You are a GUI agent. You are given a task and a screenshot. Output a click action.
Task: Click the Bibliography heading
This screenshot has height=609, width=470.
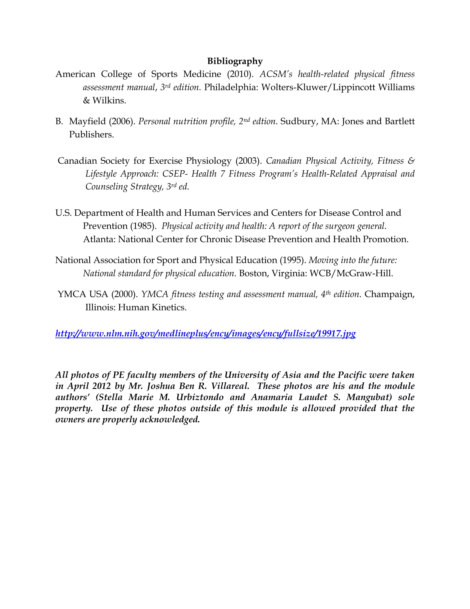[235, 61]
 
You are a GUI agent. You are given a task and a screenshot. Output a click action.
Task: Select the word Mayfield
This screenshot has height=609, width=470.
[87, 121]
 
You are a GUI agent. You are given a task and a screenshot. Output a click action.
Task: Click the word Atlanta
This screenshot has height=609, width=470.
[99, 239]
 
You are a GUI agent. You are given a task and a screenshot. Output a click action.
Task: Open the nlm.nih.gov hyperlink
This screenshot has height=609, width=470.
[205, 333]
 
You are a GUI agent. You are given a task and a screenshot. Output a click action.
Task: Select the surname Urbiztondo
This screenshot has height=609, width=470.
[200, 397]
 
